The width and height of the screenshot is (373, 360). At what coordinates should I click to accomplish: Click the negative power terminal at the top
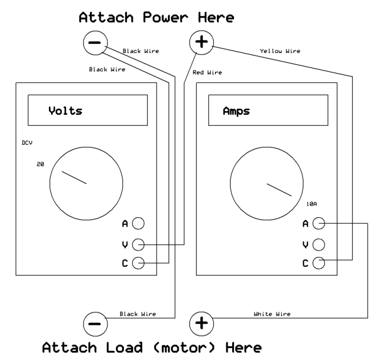(94, 43)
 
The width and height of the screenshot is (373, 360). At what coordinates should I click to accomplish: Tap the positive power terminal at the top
(201, 43)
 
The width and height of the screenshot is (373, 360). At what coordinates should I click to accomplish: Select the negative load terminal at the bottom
(94, 323)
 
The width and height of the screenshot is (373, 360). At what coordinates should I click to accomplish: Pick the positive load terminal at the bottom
(201, 323)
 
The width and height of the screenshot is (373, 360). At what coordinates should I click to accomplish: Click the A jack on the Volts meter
(138, 224)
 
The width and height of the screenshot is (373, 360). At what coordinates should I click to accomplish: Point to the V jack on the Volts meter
(138, 244)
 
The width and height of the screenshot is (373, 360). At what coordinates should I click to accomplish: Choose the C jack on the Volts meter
(138, 264)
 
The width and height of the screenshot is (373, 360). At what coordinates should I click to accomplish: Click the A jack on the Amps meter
(318, 224)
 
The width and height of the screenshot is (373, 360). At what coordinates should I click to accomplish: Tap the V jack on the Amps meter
(318, 244)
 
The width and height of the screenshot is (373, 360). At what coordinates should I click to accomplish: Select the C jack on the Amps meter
(318, 264)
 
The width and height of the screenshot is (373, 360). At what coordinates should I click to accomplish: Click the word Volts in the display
(65, 111)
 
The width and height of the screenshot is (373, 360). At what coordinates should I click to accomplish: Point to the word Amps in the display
(236, 112)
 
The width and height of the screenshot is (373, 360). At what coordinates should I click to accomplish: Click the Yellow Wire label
(279, 51)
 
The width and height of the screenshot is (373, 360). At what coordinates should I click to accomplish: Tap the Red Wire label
(207, 72)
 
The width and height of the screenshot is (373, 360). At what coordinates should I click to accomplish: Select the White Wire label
(272, 314)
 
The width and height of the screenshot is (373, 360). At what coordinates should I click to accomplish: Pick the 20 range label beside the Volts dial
(40, 164)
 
